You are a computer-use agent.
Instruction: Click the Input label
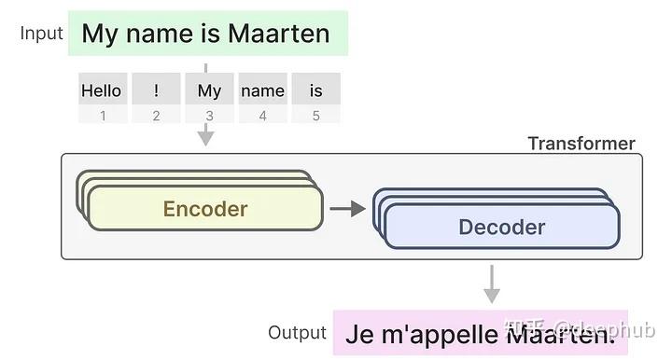pyautogui.click(x=41, y=34)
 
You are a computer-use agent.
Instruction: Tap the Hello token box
pyautogui.click(x=102, y=90)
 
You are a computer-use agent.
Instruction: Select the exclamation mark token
pyautogui.click(x=156, y=90)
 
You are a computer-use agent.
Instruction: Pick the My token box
pyautogui.click(x=209, y=90)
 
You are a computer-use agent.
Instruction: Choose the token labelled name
pyautogui.click(x=262, y=90)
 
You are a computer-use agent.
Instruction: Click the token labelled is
pyautogui.click(x=315, y=90)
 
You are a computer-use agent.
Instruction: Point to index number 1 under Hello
pyautogui.click(x=103, y=116)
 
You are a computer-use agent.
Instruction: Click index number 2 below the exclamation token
pyautogui.click(x=156, y=116)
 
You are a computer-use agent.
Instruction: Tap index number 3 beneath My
pyautogui.click(x=209, y=116)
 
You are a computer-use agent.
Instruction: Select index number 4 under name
pyautogui.click(x=262, y=116)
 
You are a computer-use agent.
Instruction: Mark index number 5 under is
pyautogui.click(x=315, y=116)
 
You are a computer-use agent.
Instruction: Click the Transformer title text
pyautogui.click(x=581, y=144)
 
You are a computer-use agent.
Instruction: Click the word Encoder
pyautogui.click(x=205, y=209)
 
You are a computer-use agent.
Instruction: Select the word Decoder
pyautogui.click(x=502, y=227)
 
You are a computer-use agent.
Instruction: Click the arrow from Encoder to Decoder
pyautogui.click(x=347, y=209)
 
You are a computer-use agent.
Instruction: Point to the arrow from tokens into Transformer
pyautogui.click(x=205, y=135)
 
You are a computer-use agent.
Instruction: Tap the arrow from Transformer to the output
pyautogui.click(x=491, y=284)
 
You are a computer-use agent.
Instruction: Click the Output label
pyautogui.click(x=297, y=333)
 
